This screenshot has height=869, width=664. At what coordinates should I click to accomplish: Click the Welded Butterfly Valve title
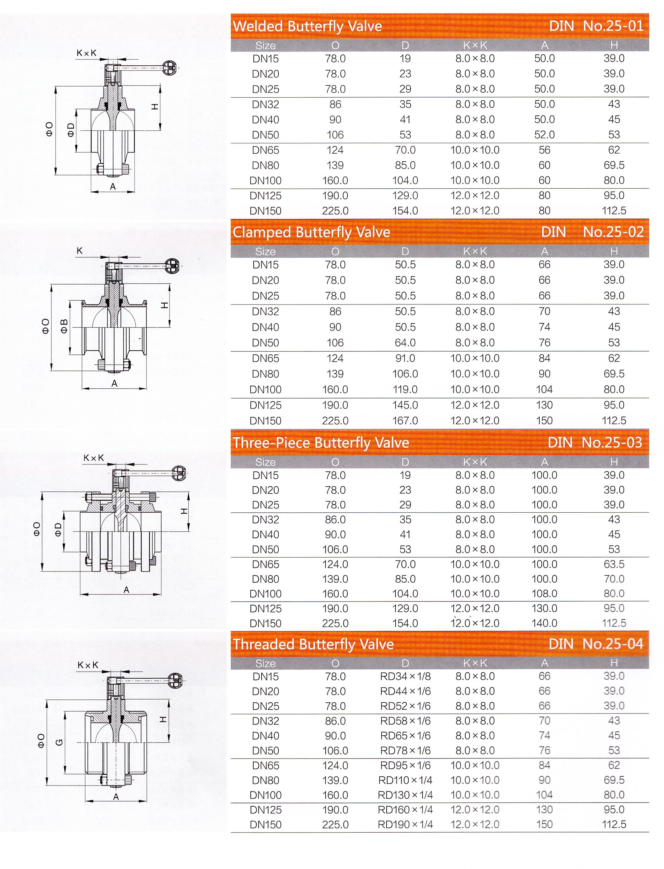307,26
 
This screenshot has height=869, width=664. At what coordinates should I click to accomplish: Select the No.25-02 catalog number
613,232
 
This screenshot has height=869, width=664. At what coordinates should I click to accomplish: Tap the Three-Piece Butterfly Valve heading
321,443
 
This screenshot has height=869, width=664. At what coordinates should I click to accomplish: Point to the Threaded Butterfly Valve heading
313,644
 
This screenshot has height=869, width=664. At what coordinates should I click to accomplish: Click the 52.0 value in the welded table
544,135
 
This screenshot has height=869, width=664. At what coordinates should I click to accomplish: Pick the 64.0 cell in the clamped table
405,343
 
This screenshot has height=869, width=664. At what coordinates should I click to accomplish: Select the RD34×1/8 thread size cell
405,676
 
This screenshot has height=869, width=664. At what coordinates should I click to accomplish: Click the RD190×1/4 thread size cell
405,825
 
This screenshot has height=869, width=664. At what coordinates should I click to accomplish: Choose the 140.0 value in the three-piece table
544,624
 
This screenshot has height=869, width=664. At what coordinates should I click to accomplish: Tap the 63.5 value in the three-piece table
614,564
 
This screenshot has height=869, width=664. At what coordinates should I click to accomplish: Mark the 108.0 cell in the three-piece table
544,594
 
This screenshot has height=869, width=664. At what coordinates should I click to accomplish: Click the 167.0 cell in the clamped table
405,421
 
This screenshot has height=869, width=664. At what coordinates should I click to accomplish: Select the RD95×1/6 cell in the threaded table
405,765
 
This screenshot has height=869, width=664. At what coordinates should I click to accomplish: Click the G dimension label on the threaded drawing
60,743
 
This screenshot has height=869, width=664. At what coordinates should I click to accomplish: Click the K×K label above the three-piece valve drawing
94,458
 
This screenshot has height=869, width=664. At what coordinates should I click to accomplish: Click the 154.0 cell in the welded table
405,211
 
